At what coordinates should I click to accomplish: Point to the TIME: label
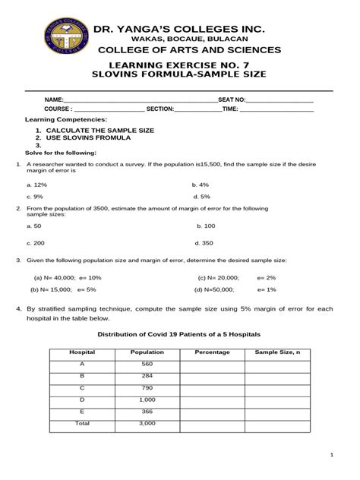tap(230, 109)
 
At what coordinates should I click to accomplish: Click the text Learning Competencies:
tap(66, 120)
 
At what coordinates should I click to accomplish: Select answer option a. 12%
tap(37, 185)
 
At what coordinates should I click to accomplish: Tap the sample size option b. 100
tap(206, 226)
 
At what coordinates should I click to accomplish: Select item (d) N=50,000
tap(215, 289)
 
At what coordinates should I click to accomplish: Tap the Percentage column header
tap(212, 352)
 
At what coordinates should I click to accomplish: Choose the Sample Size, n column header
tap(277, 352)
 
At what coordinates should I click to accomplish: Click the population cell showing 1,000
tap(147, 399)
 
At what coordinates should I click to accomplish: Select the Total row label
tap(82, 423)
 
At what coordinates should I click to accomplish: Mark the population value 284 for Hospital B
tap(147, 376)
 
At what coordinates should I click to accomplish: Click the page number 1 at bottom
tap(332, 454)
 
